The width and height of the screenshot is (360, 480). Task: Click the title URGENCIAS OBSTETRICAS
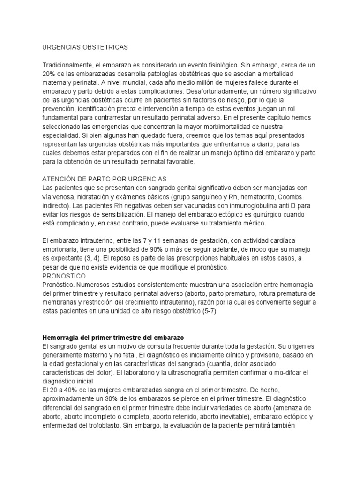(84, 47)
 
